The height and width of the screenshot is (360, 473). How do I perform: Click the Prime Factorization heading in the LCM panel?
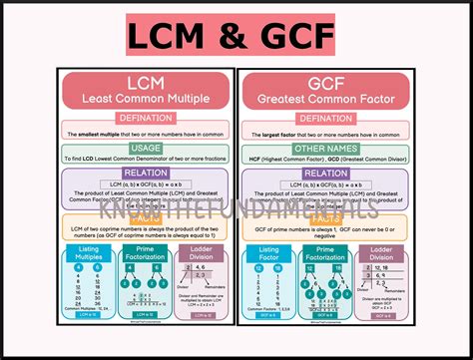pyautogui.click(x=146, y=256)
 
